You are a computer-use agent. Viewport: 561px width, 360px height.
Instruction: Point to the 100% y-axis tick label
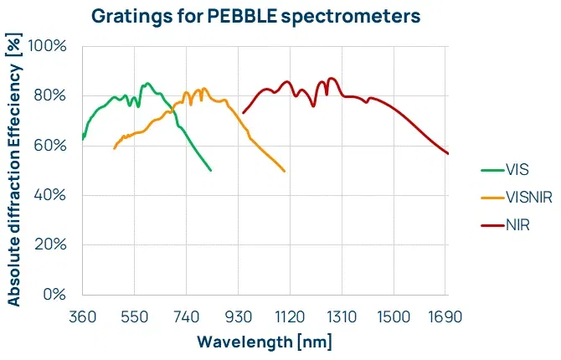pos(48,45)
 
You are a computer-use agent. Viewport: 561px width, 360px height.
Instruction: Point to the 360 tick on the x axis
pos(82,316)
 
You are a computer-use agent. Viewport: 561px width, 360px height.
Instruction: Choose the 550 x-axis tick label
pos(134,316)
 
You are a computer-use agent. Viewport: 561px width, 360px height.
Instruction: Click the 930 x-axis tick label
pos(239,316)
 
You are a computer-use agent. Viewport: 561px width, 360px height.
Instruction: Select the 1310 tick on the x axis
pos(342,316)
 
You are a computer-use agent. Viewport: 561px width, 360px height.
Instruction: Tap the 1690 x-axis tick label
pos(446,316)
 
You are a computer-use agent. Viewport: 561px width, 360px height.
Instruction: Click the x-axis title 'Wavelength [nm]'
pos(265,342)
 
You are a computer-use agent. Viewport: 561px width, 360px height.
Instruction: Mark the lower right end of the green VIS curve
pos(211,170)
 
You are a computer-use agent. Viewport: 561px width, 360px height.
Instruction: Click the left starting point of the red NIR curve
pos(243,113)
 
